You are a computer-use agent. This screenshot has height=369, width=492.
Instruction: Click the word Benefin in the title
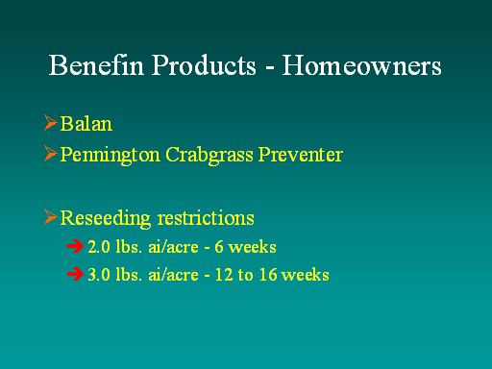pyautogui.click(x=96, y=65)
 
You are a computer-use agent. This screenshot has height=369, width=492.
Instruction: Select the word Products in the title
pyautogui.click(x=204, y=65)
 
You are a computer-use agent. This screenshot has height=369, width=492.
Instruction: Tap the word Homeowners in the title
pyautogui.click(x=361, y=65)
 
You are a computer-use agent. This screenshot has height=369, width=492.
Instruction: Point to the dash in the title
pyautogui.click(x=270, y=68)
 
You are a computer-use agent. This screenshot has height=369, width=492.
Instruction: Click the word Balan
pyautogui.click(x=86, y=124)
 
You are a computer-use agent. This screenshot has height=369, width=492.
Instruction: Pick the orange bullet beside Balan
pyautogui.click(x=51, y=123)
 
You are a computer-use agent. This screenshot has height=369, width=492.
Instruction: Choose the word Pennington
pyautogui.click(x=110, y=155)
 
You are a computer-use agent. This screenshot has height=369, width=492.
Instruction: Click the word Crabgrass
pyautogui.click(x=209, y=155)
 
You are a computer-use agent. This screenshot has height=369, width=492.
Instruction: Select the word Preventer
pyautogui.click(x=301, y=155)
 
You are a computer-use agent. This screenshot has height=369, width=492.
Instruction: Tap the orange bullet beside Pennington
pyautogui.click(x=51, y=154)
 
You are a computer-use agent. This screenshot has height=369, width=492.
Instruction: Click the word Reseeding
pyautogui.click(x=105, y=218)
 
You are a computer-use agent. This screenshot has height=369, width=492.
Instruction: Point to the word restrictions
pyautogui.click(x=206, y=218)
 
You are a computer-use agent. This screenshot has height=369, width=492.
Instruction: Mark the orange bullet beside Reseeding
pyautogui.click(x=51, y=217)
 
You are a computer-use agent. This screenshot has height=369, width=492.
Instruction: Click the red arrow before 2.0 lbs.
pyautogui.click(x=76, y=246)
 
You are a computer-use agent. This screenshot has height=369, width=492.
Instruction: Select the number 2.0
pyautogui.click(x=99, y=247)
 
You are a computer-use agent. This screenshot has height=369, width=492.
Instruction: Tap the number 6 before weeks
pyautogui.click(x=219, y=247)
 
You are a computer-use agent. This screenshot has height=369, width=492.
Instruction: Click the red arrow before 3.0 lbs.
pyautogui.click(x=76, y=274)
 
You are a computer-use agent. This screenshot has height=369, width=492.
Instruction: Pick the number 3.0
pyautogui.click(x=99, y=275)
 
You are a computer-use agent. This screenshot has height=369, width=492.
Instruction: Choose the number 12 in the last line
pyautogui.click(x=224, y=275)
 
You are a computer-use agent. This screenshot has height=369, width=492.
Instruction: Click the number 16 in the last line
pyautogui.click(x=268, y=275)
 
